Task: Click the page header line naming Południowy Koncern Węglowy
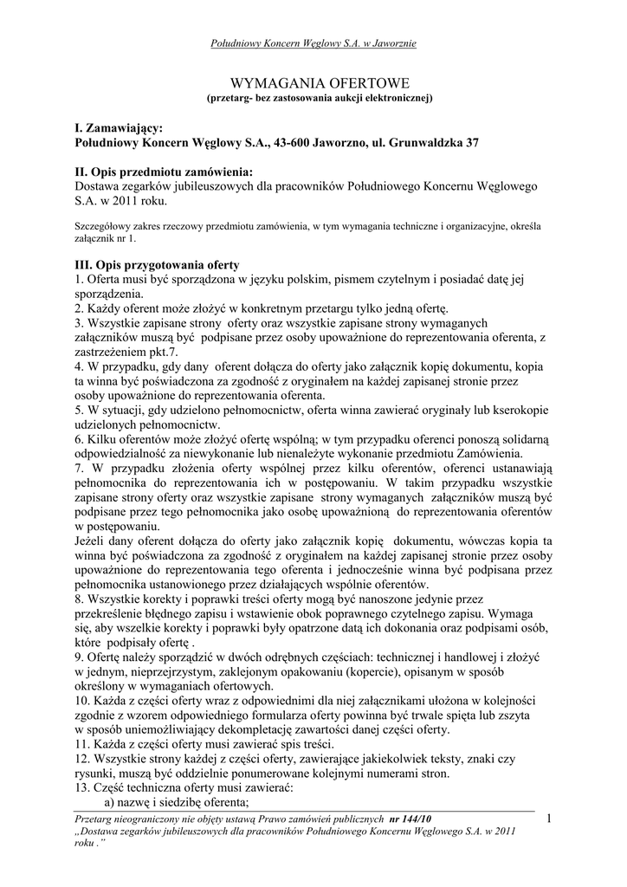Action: point(313,43)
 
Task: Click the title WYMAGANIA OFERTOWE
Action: point(313,84)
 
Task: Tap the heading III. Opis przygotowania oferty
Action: point(157,265)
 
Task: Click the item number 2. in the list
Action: point(79,308)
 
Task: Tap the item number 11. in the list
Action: point(82,743)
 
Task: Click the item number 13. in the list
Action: point(82,787)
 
